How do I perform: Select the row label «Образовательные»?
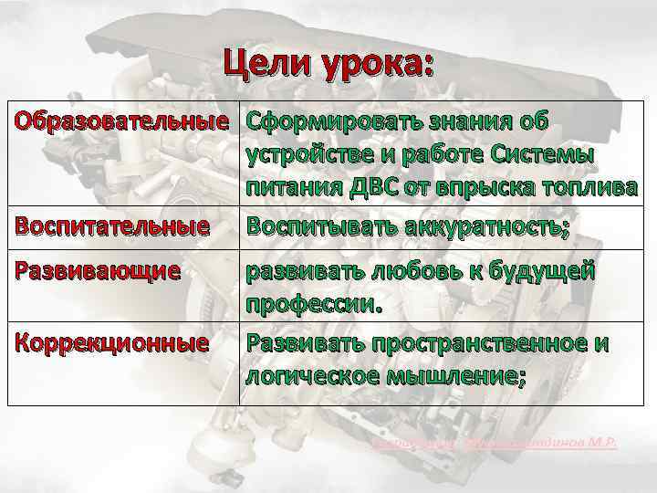tap(120, 122)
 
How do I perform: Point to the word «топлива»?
tap(589, 189)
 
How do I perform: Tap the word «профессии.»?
tap(311, 304)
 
